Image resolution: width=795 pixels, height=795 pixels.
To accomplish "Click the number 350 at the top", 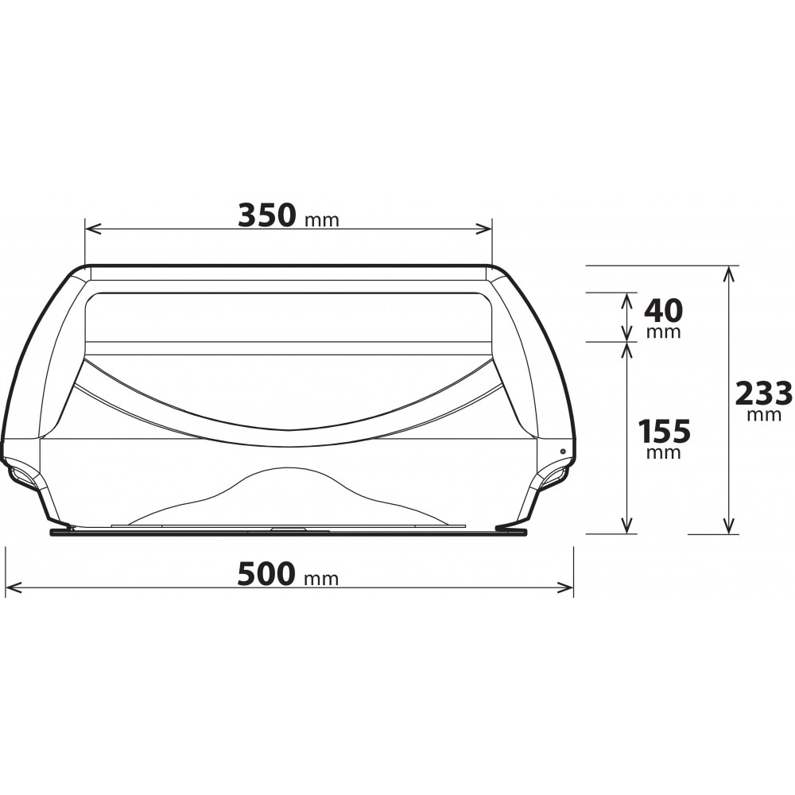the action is pyautogui.click(x=266, y=215).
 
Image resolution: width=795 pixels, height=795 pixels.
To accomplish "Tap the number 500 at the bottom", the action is pyautogui.click(x=266, y=573).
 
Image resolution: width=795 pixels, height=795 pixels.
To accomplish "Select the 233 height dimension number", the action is pyautogui.click(x=763, y=393).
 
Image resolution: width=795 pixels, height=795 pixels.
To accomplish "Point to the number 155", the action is pyautogui.click(x=664, y=431).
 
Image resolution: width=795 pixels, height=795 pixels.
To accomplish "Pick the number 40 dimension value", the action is pyautogui.click(x=663, y=311).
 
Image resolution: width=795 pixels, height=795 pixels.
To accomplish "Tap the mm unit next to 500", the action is pyautogui.click(x=321, y=579).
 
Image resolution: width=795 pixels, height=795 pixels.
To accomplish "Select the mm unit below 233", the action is pyautogui.click(x=764, y=415).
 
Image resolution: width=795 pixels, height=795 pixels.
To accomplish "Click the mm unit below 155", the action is pyautogui.click(x=664, y=452).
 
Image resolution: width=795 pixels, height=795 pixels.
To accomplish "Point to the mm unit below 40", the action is pyautogui.click(x=664, y=332).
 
